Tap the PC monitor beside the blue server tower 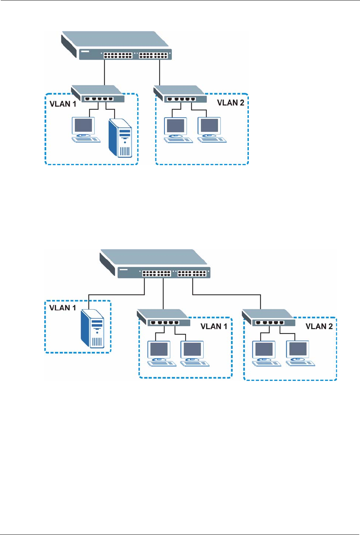click(84, 125)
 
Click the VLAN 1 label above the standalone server click(62, 308)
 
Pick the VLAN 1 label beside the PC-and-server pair click(63, 104)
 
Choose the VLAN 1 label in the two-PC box click(214, 327)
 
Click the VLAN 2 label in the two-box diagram click(230, 103)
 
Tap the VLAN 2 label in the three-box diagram click(319, 327)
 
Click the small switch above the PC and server click(98, 95)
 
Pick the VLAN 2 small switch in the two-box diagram click(180, 95)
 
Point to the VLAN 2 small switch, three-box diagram click(269, 318)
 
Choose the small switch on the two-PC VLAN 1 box click(164, 318)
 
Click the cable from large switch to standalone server click(115, 295)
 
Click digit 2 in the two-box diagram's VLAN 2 click(242, 103)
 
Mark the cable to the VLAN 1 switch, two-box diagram click(105, 73)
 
